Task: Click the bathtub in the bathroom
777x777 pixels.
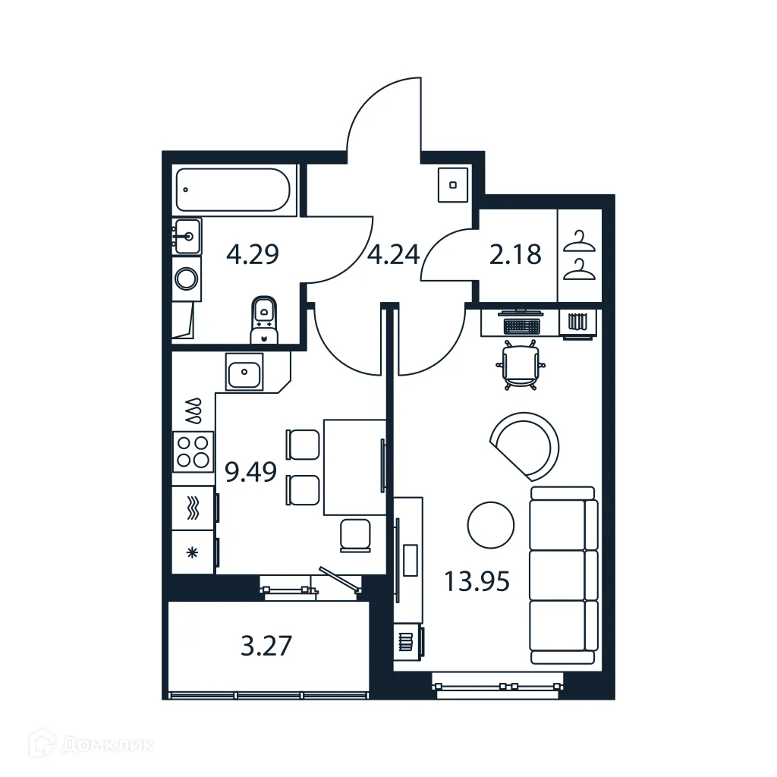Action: [x=232, y=190]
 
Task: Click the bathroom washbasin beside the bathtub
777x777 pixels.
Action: [x=187, y=237]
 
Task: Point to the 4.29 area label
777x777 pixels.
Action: [x=253, y=254]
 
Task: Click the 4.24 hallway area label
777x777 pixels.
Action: [x=393, y=254]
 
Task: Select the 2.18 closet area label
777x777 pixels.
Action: [x=515, y=254]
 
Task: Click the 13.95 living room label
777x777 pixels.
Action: [x=477, y=582]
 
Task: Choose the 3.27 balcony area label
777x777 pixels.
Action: [x=266, y=647]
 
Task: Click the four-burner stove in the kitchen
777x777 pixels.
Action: [x=192, y=451]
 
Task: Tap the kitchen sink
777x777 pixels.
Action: [x=244, y=372]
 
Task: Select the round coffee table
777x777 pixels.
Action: [x=491, y=525]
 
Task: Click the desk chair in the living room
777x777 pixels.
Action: [x=520, y=366]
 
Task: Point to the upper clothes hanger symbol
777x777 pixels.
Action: [x=580, y=242]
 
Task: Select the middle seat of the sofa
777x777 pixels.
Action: [x=563, y=574]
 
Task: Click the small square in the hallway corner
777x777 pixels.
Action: [x=453, y=184]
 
